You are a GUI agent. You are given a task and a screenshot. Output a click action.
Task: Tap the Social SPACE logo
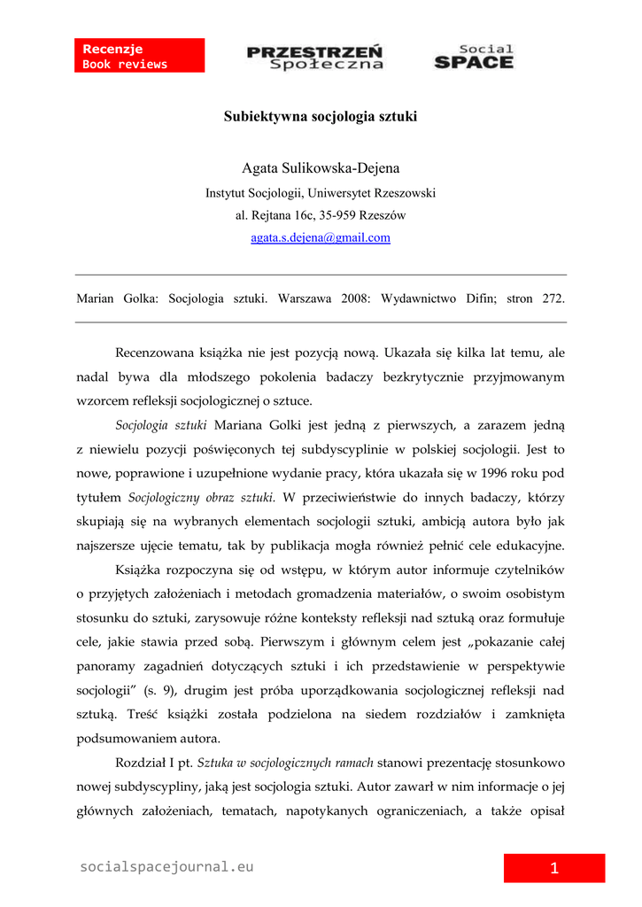(x=474, y=57)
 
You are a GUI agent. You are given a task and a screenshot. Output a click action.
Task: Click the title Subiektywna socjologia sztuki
(x=321, y=116)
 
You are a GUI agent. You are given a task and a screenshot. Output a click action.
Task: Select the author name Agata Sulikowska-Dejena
(x=321, y=168)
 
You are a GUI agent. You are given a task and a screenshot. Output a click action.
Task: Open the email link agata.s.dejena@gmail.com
(x=321, y=237)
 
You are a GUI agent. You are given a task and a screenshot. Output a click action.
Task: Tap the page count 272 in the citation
(x=553, y=299)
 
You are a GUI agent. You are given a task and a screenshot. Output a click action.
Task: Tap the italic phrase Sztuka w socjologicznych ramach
(x=285, y=762)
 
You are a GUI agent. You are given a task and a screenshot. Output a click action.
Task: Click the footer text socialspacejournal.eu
(x=166, y=867)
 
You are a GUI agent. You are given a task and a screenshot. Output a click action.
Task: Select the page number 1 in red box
(x=554, y=869)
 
